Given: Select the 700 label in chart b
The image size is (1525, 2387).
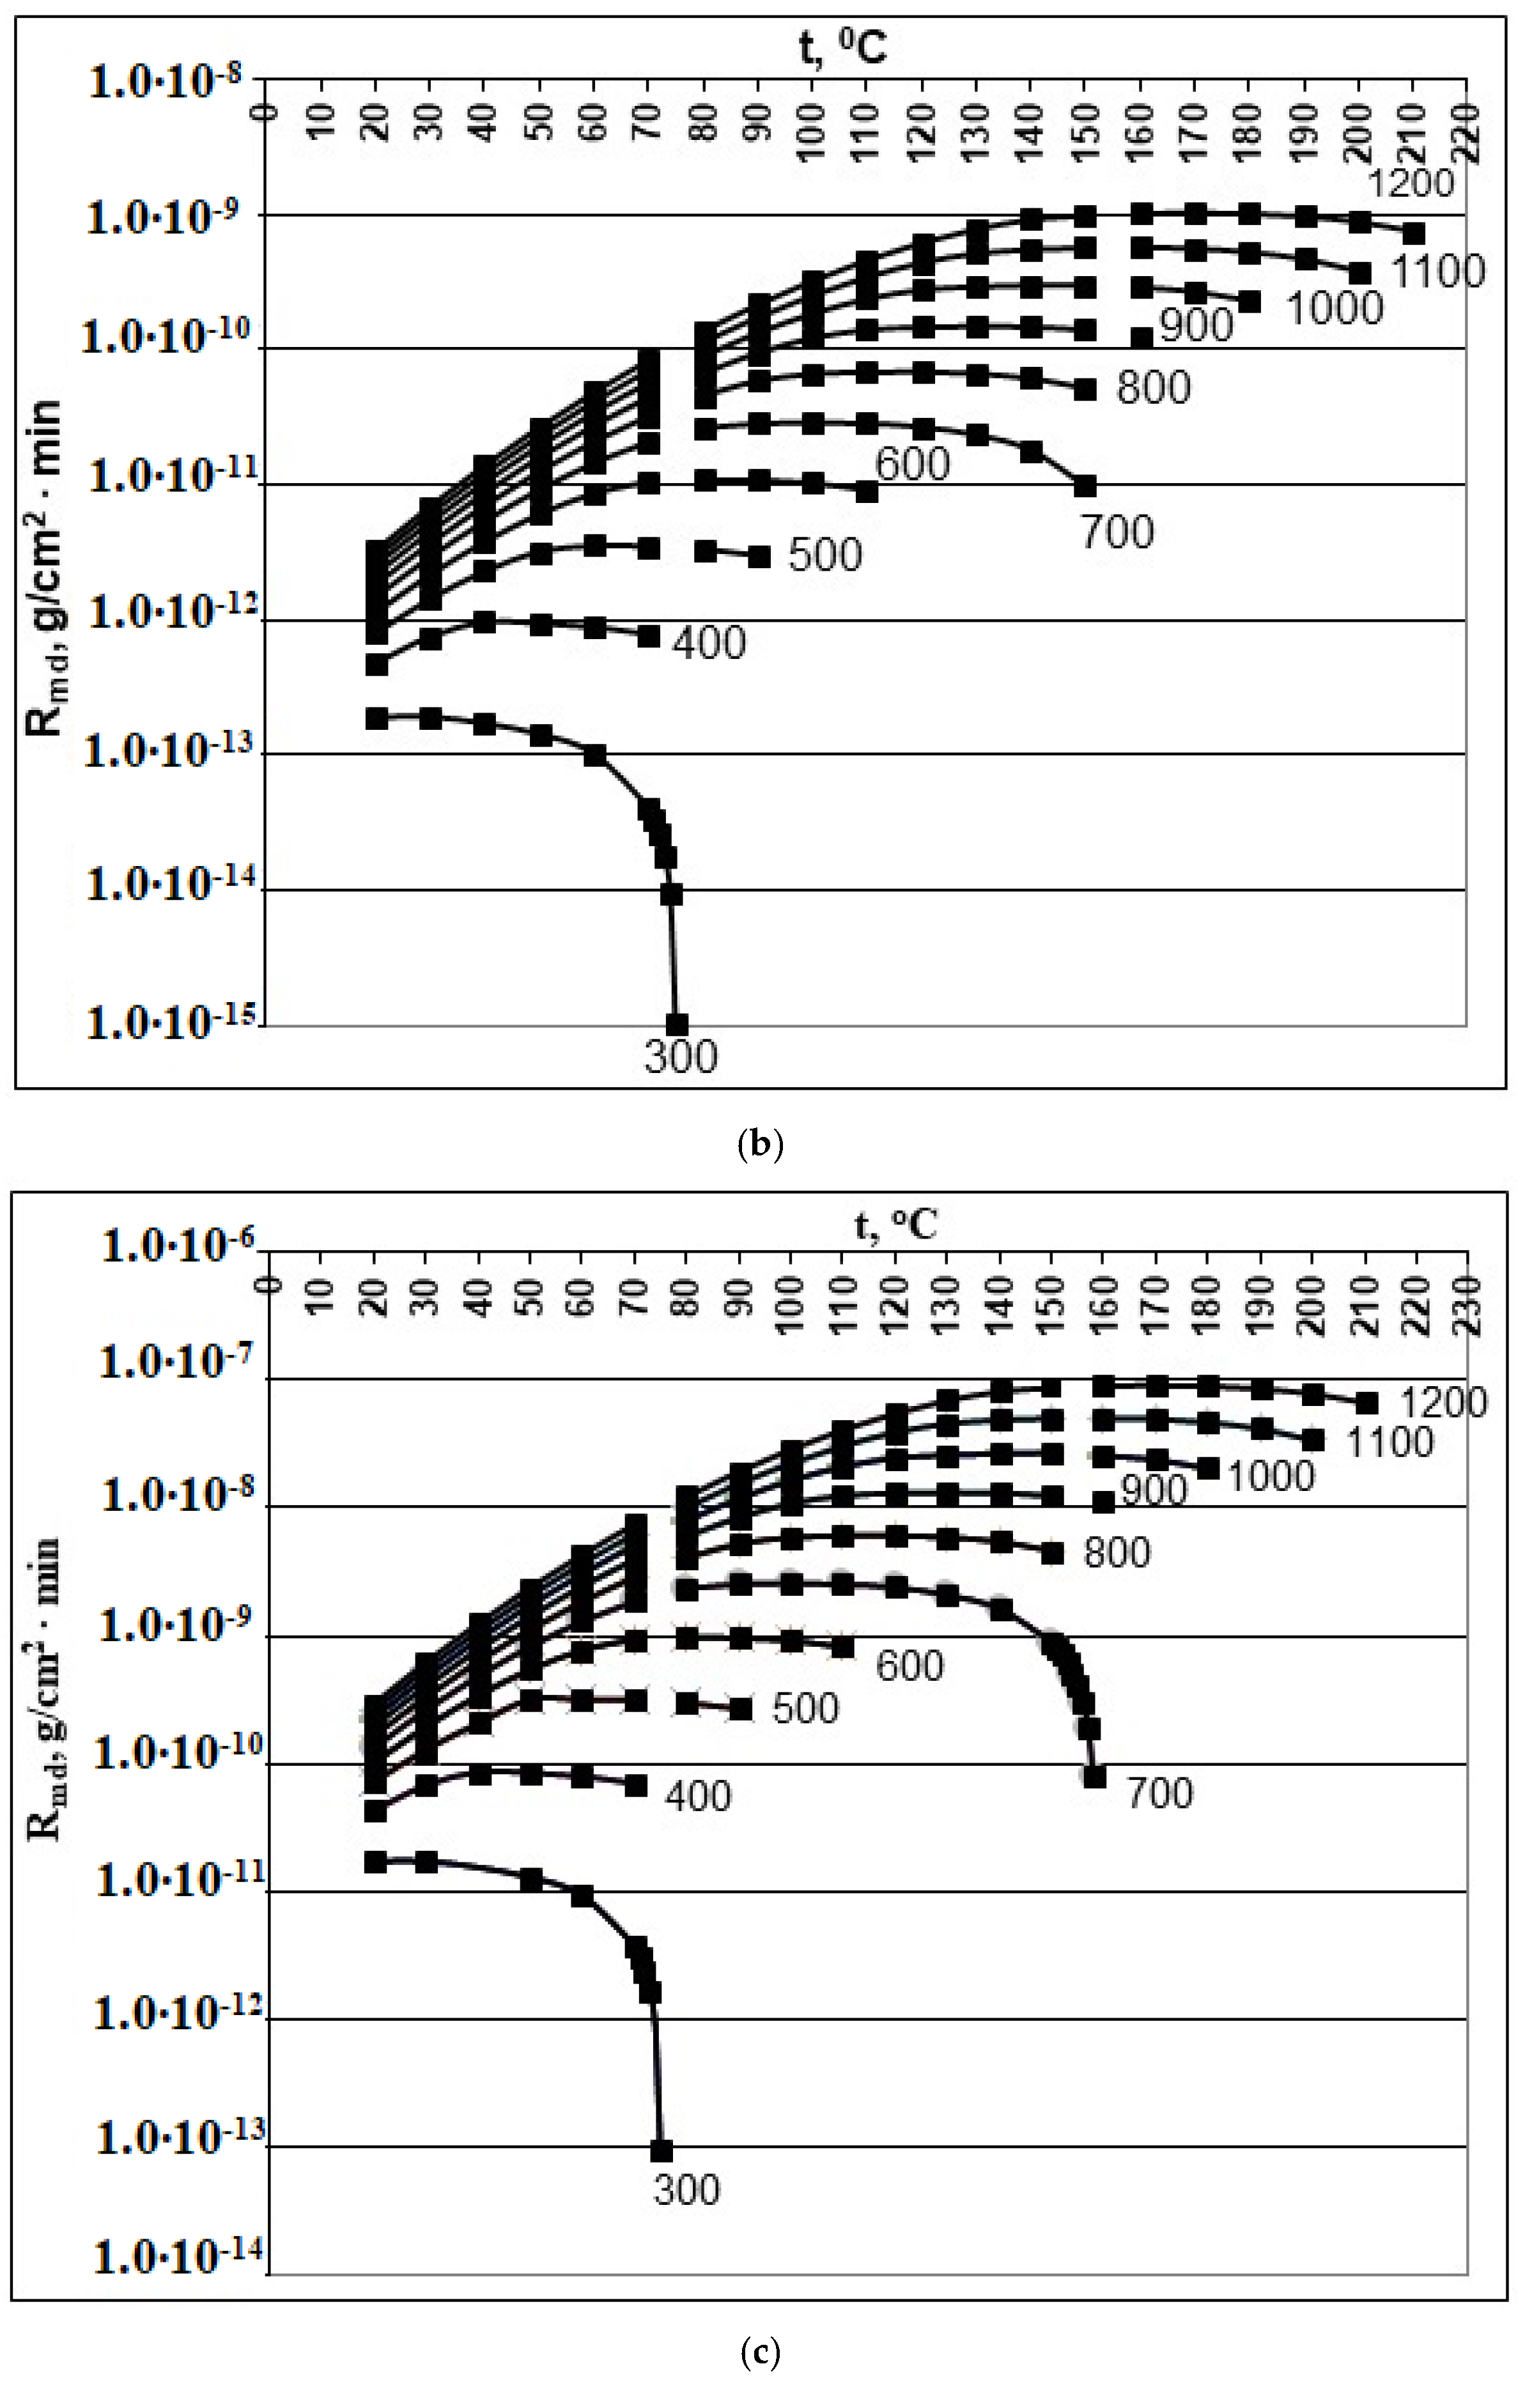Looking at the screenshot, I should pos(1117,532).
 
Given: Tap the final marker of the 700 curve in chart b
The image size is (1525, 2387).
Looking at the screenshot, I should pos(1086,486).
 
